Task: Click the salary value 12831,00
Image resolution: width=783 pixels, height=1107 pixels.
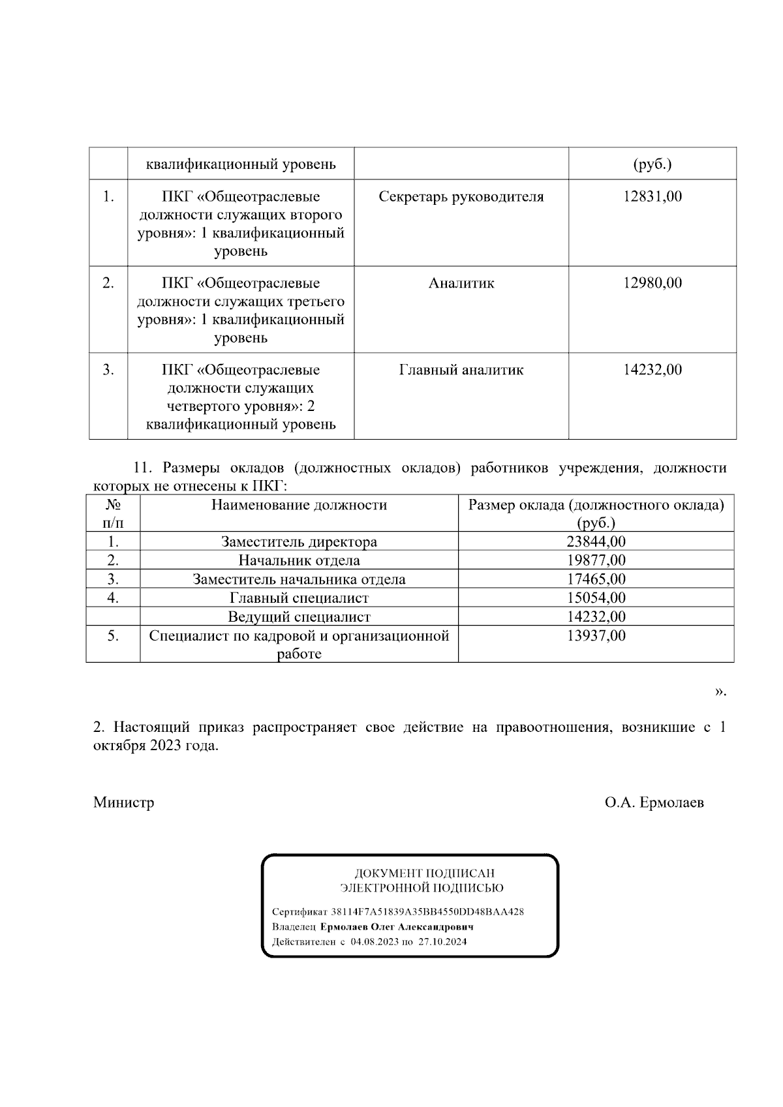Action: (x=652, y=196)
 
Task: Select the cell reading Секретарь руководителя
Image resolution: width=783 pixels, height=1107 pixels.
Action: (x=461, y=196)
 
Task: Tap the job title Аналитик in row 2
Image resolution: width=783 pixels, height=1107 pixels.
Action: (x=461, y=283)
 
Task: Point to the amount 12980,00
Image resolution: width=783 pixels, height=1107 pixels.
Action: (x=652, y=283)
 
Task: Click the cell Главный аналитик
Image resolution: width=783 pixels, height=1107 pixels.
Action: (x=461, y=370)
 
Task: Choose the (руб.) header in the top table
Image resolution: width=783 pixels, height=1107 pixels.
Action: (x=652, y=164)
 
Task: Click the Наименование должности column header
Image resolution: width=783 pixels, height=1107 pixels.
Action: (x=299, y=505)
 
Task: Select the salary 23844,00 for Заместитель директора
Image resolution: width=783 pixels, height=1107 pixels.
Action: (x=596, y=541)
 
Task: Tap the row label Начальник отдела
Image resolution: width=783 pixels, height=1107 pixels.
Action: (x=299, y=560)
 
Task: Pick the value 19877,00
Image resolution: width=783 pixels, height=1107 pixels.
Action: (x=596, y=560)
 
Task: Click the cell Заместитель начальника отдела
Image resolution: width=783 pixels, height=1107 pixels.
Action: (x=299, y=579)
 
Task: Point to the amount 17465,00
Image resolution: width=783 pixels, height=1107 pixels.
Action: (x=596, y=579)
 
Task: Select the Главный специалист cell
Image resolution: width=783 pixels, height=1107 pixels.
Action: (x=299, y=598)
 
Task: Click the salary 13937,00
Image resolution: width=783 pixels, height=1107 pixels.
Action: (x=596, y=635)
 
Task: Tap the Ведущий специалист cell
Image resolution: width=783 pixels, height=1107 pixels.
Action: (x=299, y=616)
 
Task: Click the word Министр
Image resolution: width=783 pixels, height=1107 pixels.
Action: (x=124, y=802)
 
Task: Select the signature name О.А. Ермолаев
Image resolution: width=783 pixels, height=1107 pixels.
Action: (x=654, y=802)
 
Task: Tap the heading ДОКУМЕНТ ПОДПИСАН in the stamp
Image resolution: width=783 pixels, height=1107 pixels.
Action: (x=424, y=873)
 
